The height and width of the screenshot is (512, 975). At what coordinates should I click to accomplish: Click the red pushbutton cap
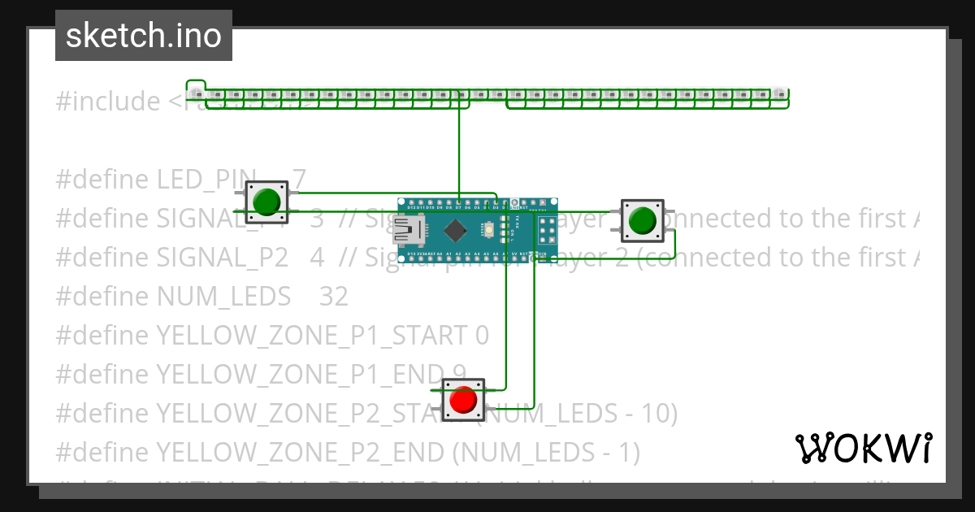pos(463,399)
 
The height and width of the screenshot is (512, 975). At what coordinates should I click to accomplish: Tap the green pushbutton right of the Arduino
pos(642,220)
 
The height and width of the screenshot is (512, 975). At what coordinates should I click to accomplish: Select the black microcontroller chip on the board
pos(456,231)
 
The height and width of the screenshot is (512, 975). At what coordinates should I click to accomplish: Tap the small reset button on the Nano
pos(489,230)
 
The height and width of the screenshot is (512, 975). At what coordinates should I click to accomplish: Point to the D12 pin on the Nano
pos(412,202)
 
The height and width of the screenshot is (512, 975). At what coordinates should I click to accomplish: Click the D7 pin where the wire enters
pos(458,202)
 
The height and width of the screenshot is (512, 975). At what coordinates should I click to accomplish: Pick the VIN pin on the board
pos(543,258)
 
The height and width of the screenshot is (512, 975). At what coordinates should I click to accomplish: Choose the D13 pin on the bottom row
pos(412,258)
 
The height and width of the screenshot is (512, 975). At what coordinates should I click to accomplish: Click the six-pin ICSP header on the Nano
pos(547,231)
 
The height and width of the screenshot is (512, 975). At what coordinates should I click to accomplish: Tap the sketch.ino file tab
pos(144,36)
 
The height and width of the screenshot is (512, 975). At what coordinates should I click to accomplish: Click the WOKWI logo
pos(863,448)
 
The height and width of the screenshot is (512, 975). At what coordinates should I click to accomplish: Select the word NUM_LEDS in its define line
pos(223,296)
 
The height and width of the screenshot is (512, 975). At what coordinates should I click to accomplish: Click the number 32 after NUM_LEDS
pos(333,296)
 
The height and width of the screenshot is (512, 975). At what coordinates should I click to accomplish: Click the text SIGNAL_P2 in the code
pos(222,257)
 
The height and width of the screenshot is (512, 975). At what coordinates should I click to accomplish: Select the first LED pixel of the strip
pos(197,94)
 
